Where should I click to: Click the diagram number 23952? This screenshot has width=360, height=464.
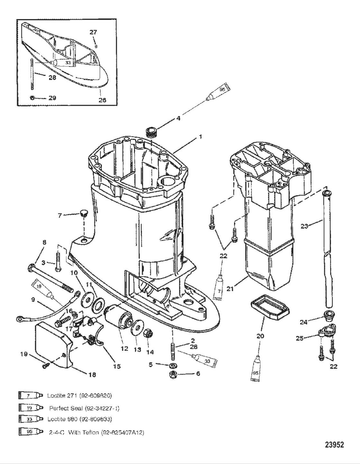[x=334, y=445]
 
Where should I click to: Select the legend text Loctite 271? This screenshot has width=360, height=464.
[x=79, y=395]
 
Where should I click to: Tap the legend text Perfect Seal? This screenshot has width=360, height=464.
[x=84, y=408]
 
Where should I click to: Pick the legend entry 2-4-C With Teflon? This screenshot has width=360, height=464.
[x=96, y=432]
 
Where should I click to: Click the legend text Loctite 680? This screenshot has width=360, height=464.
[x=79, y=419]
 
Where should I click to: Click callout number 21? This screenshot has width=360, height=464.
[x=230, y=289]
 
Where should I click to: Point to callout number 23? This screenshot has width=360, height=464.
[x=304, y=226]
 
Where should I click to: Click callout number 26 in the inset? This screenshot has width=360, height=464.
[x=102, y=100]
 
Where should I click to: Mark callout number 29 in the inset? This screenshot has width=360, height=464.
[x=52, y=98]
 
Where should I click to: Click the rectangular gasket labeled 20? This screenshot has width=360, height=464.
[x=269, y=310]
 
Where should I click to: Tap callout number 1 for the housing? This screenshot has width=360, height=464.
[x=200, y=137]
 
